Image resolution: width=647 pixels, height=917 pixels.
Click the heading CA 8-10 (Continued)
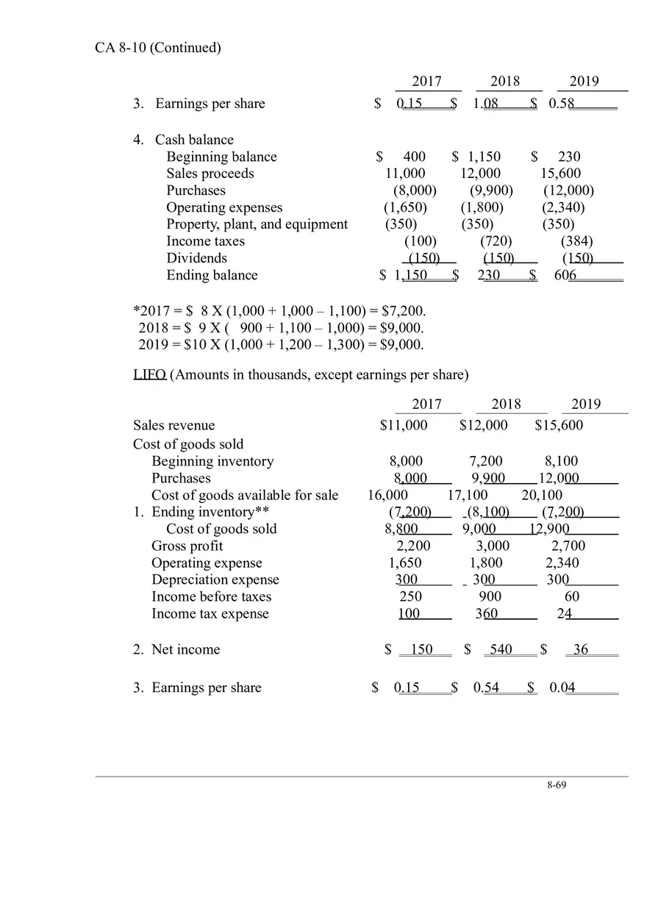coord(158,48)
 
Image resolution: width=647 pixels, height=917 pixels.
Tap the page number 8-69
coord(557,785)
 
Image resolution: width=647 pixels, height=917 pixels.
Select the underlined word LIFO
coord(149,375)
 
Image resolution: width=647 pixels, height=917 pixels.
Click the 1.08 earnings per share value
coord(486,104)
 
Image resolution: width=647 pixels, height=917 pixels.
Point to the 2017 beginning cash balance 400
coord(414,157)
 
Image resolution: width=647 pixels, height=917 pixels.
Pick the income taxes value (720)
coord(496,241)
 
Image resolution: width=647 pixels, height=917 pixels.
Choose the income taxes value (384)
coord(577,241)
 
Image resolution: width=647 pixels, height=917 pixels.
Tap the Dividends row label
coord(196,258)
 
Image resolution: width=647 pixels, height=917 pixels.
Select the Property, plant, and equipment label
coord(257,224)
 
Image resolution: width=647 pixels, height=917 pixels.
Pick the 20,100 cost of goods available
coord(542,496)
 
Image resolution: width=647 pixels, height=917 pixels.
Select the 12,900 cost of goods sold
coord(549,529)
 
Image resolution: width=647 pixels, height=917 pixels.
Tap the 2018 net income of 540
coord(501,650)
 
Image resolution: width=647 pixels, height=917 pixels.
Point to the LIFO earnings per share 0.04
coord(562,688)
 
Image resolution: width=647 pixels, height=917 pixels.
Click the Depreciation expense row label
coord(215,580)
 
